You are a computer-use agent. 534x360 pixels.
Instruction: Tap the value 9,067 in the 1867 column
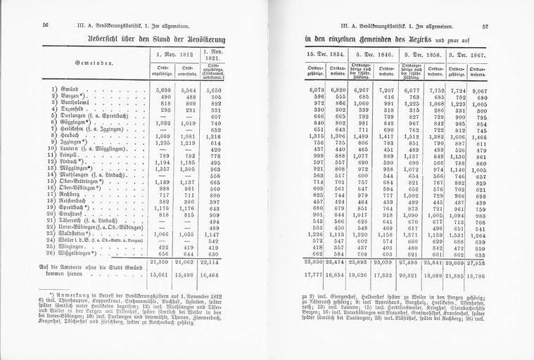481,91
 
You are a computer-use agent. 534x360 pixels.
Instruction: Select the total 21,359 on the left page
162,262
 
